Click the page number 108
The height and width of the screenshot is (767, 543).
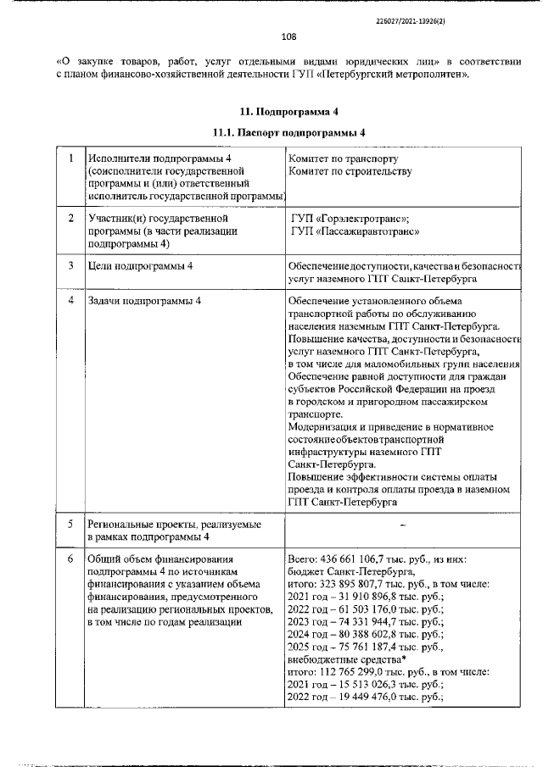pyautogui.click(x=288, y=36)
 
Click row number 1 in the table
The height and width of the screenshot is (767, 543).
pyautogui.click(x=70, y=158)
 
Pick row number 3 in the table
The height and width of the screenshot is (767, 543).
pyautogui.click(x=70, y=266)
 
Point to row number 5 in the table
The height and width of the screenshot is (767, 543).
pyautogui.click(x=70, y=525)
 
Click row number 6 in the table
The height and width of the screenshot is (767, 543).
pyautogui.click(x=70, y=560)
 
